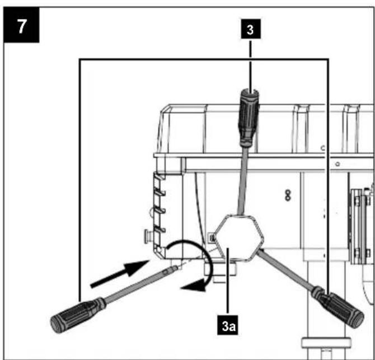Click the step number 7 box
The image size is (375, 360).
[x=21, y=25]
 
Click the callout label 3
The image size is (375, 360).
[x=250, y=29]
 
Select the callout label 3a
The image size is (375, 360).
[x=228, y=325]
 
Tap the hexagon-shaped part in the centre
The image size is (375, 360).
[x=238, y=237]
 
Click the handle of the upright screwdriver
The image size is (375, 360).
[x=249, y=118]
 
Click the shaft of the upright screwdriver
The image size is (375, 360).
[x=243, y=181]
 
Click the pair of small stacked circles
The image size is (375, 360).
[x=288, y=195]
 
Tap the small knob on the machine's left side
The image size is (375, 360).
[x=148, y=236]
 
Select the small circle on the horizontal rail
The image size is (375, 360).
[x=337, y=164]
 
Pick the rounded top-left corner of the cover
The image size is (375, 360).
[x=165, y=110]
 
